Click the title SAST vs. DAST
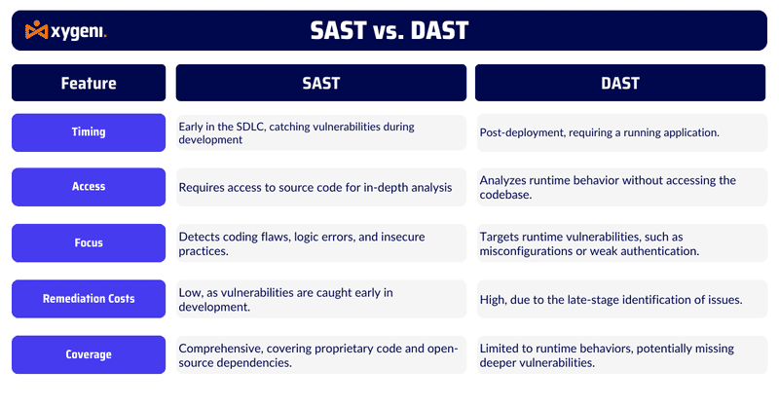tap(389, 30)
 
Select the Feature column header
tap(89, 83)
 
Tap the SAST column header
tap(320, 83)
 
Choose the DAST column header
tap(620, 83)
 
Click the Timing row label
tap(89, 132)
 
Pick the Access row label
tap(89, 187)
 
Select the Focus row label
tap(89, 242)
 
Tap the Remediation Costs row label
tap(89, 299)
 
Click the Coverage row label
tap(89, 354)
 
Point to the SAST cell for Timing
tap(320, 132)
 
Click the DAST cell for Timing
tap(620, 132)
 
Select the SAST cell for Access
tap(320, 187)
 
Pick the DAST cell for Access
tap(620, 187)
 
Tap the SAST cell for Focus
tap(320, 242)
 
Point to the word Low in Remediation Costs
tap(191, 292)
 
